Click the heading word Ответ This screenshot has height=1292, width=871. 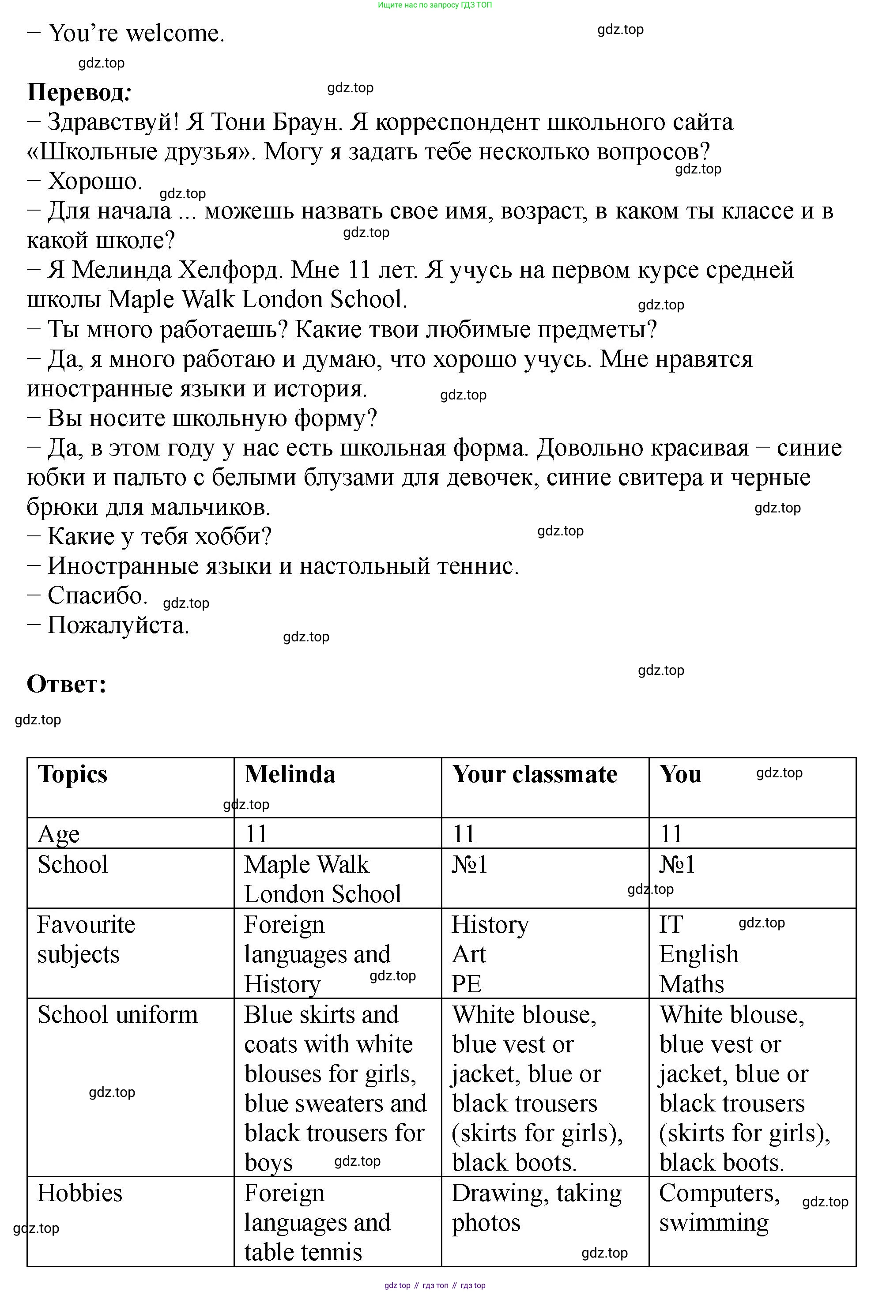pyautogui.click(x=65, y=684)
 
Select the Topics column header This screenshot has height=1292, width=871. pyautogui.click(x=72, y=774)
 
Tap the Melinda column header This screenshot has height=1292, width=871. pyautogui.click(x=290, y=774)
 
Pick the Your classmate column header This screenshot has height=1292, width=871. pyautogui.click(x=534, y=774)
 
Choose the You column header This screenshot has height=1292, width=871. pyautogui.click(x=680, y=774)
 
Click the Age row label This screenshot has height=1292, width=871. pyautogui.click(x=58, y=834)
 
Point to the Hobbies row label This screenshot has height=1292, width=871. pyautogui.click(x=79, y=1193)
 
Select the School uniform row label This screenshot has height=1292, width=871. pyautogui.click(x=117, y=1015)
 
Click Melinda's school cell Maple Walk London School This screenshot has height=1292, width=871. pyautogui.click(x=322, y=879)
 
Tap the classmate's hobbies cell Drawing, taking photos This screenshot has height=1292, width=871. pyautogui.click(x=536, y=1208)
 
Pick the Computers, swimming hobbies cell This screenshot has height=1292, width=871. pyautogui.click(x=719, y=1208)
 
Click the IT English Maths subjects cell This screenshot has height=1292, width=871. pyautogui.click(x=698, y=954)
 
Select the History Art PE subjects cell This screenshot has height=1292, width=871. pyautogui.click(x=490, y=954)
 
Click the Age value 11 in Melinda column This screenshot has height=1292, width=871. pyautogui.click(x=256, y=834)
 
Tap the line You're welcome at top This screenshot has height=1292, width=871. pyautogui.click(x=136, y=34)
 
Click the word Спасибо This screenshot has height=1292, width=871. pyautogui.click(x=97, y=595)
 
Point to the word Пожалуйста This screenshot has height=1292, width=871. pyautogui.click(x=118, y=625)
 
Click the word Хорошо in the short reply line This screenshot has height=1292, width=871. pyautogui.click(x=95, y=181)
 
